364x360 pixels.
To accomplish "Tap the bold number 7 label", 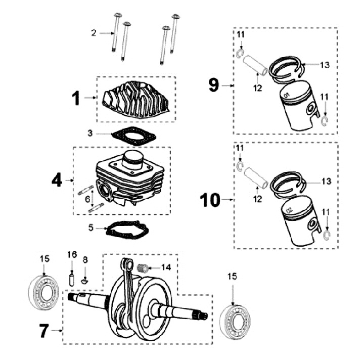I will point(44,331).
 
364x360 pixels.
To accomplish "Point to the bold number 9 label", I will point(214,85).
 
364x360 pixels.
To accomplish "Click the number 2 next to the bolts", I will point(94,33).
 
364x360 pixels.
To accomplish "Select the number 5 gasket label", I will point(91,228).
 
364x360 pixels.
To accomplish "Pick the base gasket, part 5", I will point(126,230).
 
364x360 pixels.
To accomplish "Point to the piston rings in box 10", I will point(287,185).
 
